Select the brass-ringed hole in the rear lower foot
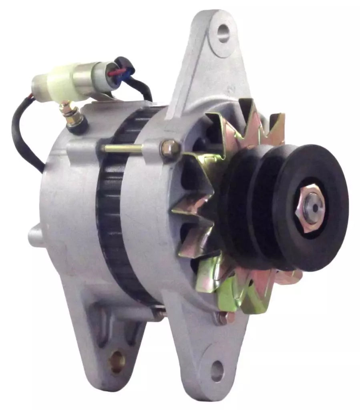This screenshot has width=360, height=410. coord(117,356)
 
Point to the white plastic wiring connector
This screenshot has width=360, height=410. coord(60,83)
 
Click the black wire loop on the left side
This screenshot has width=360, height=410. coord(24,136)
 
